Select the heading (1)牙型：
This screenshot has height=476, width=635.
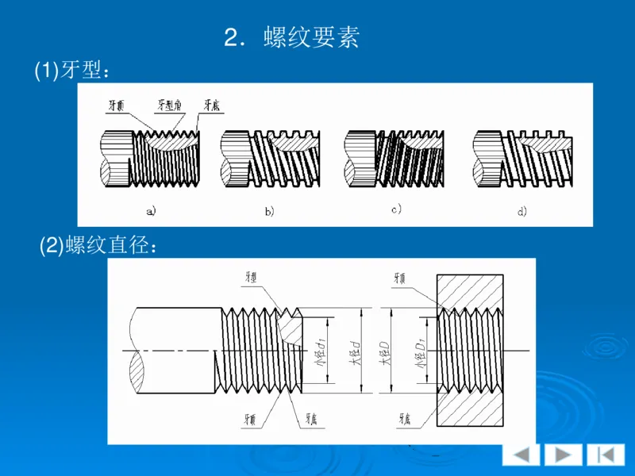pyautogui.click(x=71, y=71)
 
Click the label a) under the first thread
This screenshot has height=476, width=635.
pyautogui.click(x=150, y=211)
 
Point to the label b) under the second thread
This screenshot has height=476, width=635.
pyautogui.click(x=269, y=211)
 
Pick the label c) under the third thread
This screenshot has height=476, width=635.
pyautogui.click(x=394, y=209)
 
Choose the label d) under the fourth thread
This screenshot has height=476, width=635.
pyautogui.click(x=521, y=211)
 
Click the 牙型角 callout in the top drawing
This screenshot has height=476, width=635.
pyautogui.click(x=170, y=104)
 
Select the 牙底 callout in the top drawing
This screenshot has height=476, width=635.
pyautogui.click(x=211, y=104)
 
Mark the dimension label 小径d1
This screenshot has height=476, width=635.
pyautogui.click(x=322, y=351)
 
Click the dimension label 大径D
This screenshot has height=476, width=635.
pyautogui.click(x=384, y=351)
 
